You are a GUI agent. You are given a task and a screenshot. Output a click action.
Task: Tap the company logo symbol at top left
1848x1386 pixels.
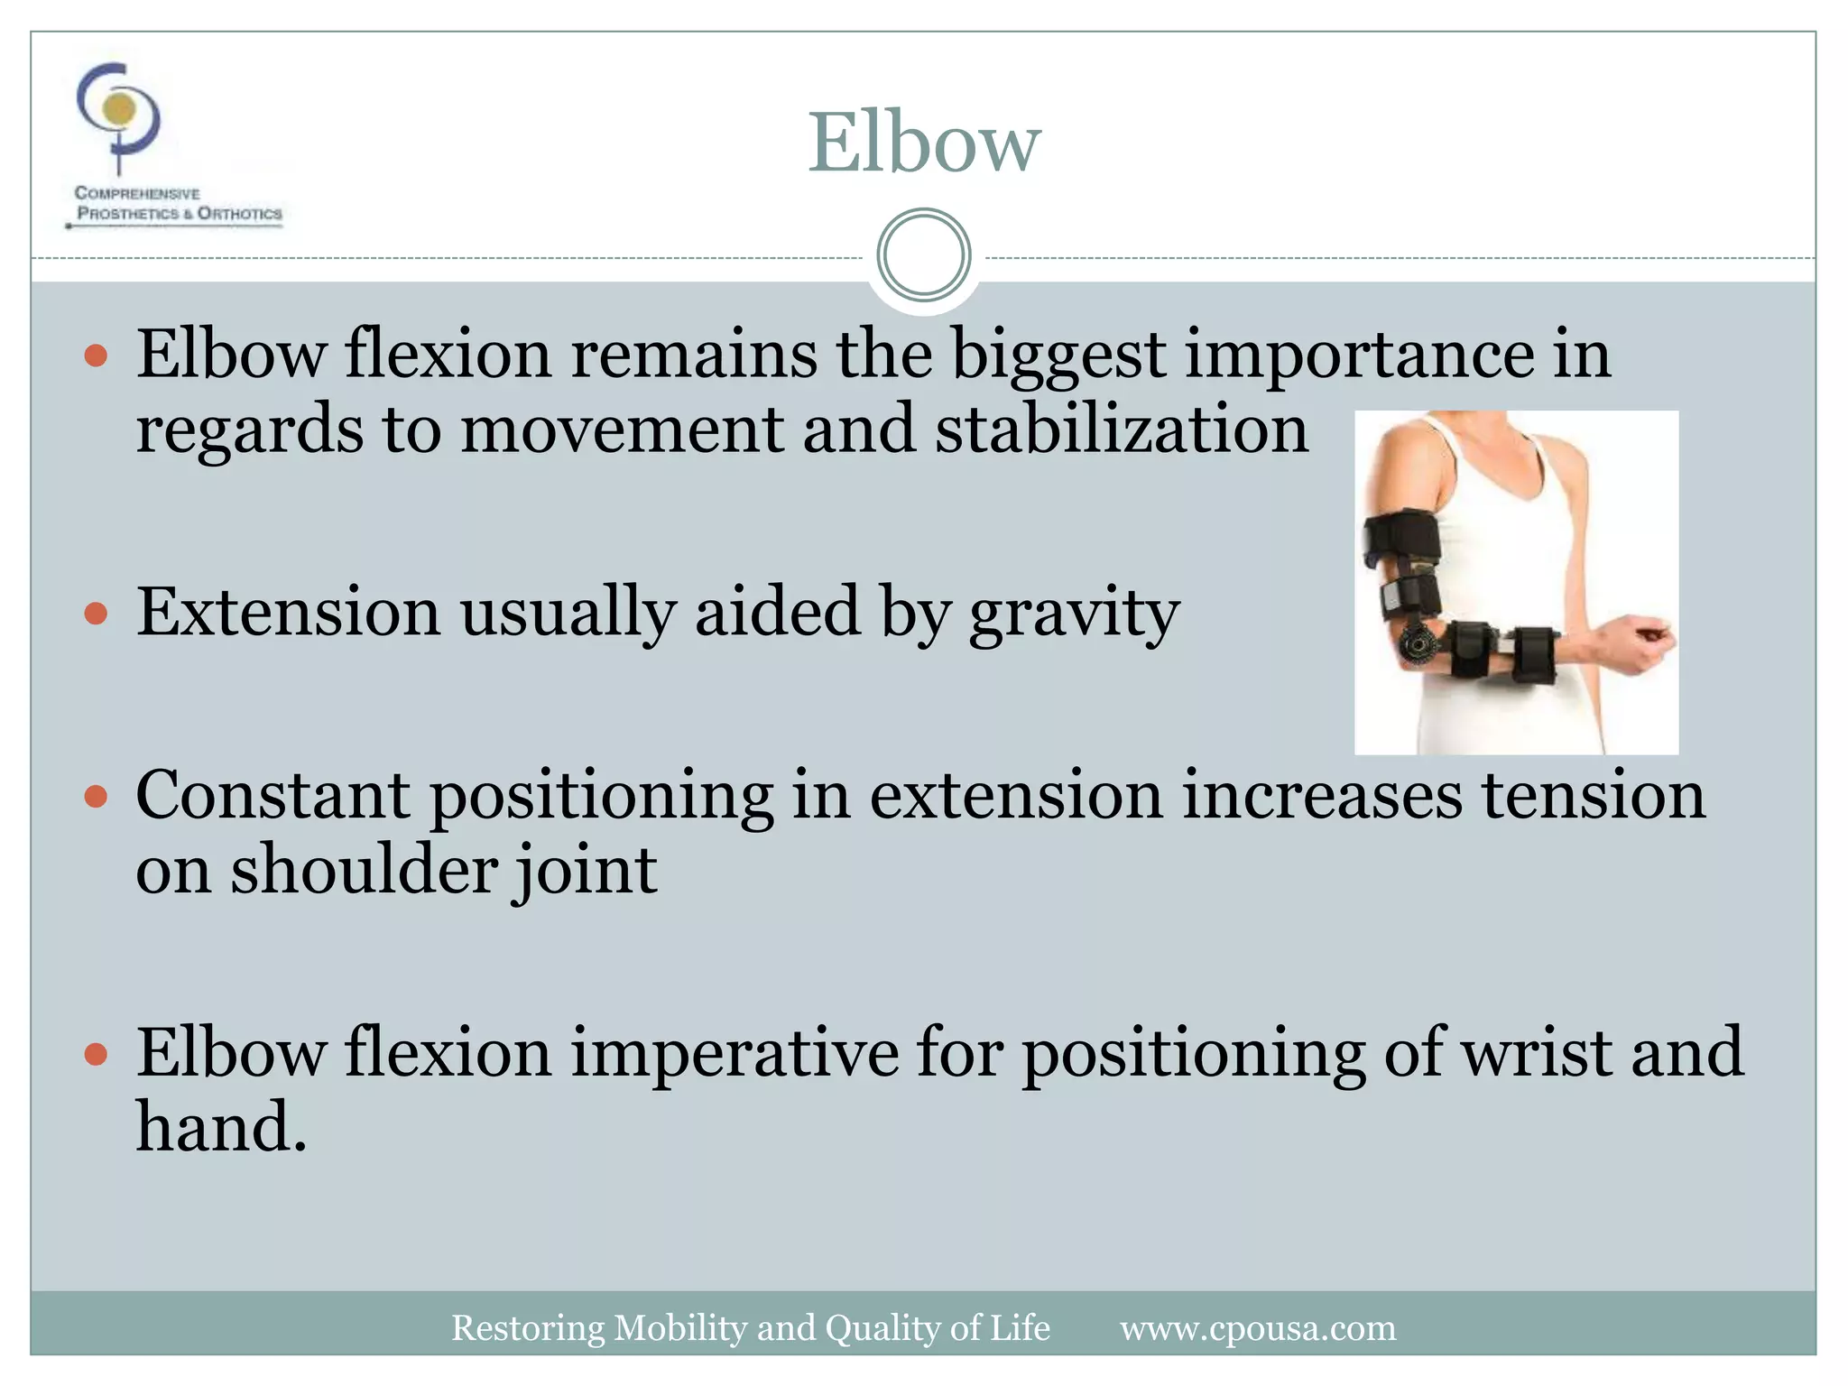click(x=118, y=113)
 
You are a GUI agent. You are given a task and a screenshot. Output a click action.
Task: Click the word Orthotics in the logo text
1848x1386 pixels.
click(x=239, y=214)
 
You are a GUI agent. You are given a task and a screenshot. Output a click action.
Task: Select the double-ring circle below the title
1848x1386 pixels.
click(x=923, y=255)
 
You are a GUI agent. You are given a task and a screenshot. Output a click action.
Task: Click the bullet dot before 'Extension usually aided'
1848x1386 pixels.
click(x=96, y=615)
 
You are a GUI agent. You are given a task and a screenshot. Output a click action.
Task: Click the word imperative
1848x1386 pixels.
click(x=735, y=1053)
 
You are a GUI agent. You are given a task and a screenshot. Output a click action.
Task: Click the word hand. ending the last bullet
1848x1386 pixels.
click(x=221, y=1128)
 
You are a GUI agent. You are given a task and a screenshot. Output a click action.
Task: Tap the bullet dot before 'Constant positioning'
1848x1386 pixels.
click(x=96, y=798)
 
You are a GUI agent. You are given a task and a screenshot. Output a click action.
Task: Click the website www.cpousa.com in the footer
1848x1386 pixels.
click(x=1258, y=1328)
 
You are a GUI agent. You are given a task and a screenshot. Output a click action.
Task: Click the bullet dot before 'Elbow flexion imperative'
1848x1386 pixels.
click(x=96, y=1054)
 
